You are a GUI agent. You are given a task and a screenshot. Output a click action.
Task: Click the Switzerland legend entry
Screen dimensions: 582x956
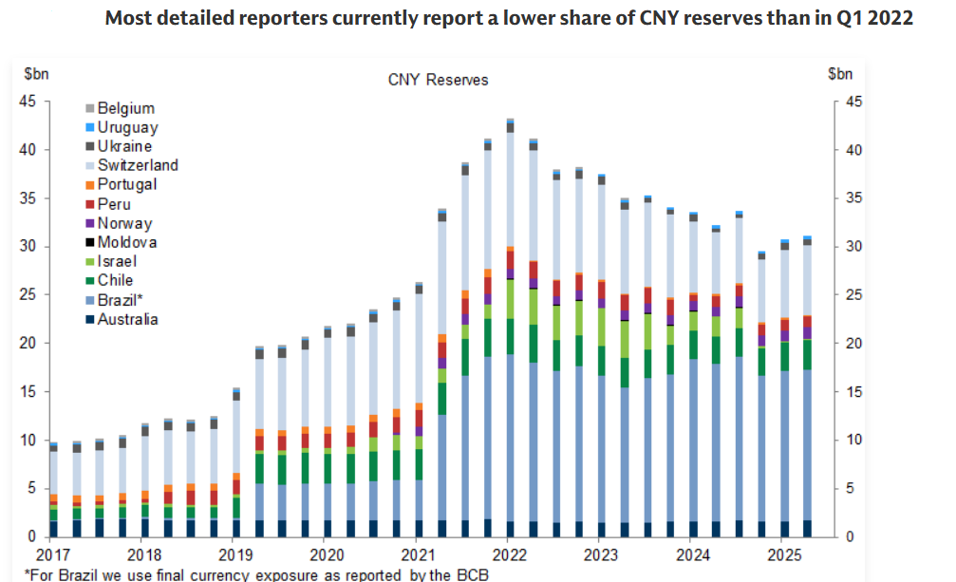pos(137,165)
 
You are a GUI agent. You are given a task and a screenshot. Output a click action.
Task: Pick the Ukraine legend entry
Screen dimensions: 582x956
pos(124,146)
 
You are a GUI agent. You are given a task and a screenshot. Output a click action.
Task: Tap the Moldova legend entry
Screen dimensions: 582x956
pos(127,242)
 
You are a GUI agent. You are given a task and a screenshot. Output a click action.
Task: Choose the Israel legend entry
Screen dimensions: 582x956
pos(117,261)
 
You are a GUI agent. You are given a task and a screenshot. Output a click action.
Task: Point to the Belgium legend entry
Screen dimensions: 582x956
pos(125,108)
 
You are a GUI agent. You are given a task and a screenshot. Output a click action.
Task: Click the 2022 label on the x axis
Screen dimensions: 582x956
pos(510,554)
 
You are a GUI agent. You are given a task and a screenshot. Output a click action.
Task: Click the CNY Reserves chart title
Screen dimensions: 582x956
pos(438,80)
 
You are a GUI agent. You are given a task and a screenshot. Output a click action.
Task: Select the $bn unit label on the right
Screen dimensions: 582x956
pos(840,74)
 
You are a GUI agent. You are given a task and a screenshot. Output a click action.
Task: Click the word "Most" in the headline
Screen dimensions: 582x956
pos(128,18)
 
